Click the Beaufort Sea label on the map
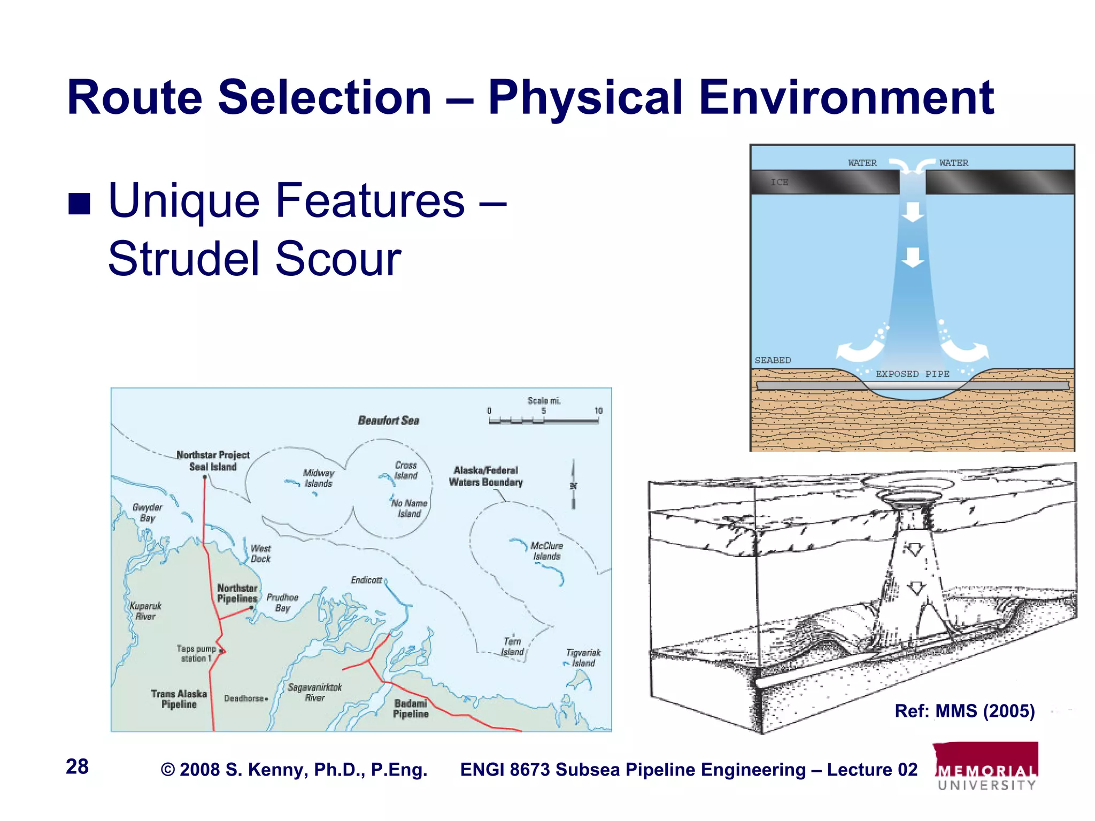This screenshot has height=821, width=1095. [x=389, y=421]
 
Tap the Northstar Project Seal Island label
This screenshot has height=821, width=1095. [x=213, y=461]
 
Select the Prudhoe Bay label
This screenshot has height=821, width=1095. [x=282, y=602]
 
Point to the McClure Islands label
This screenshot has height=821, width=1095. [x=546, y=551]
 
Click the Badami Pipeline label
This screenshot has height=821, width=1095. [x=411, y=709]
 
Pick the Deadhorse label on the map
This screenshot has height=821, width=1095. [x=244, y=699]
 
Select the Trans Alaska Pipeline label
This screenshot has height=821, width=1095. [x=179, y=699]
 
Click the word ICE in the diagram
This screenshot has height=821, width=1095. [x=780, y=182]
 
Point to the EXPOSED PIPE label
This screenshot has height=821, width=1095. [x=912, y=374]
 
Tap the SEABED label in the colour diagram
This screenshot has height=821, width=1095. [x=773, y=360]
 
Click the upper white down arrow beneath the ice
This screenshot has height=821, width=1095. [x=913, y=212]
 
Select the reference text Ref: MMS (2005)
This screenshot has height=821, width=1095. [x=965, y=711]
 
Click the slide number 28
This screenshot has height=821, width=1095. [x=77, y=766]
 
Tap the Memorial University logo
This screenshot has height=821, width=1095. [x=986, y=766]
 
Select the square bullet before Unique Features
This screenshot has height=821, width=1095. [x=79, y=203]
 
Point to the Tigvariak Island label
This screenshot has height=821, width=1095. [x=583, y=658]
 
